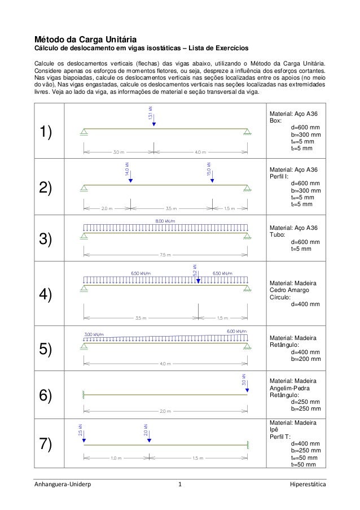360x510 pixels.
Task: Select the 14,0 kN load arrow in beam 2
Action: [x=130, y=176]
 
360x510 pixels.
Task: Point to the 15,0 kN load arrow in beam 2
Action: [x=212, y=176]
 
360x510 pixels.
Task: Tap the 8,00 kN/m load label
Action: [x=165, y=221]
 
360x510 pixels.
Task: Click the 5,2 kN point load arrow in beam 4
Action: [x=198, y=276]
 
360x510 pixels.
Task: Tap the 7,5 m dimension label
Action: [x=165, y=255]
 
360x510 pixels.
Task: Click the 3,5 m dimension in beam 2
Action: [x=171, y=208]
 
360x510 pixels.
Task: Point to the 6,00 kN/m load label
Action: [x=236, y=331]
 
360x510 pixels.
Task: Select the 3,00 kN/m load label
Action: [x=94, y=335]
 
